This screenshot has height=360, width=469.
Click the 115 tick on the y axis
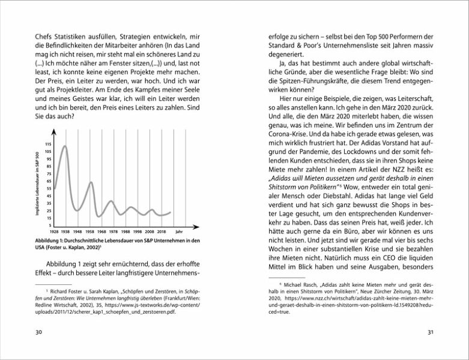(x=48, y=145)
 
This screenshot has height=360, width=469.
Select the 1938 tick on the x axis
(x=66, y=231)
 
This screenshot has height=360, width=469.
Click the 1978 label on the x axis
(x=113, y=231)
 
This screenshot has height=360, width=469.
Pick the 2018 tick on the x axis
(x=161, y=231)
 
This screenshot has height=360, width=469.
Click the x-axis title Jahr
(x=178, y=231)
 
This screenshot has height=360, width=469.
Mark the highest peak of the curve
(x=65, y=146)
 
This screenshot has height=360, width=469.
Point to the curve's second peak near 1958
(x=91, y=182)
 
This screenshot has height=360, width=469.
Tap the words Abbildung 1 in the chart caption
(x=52, y=241)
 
